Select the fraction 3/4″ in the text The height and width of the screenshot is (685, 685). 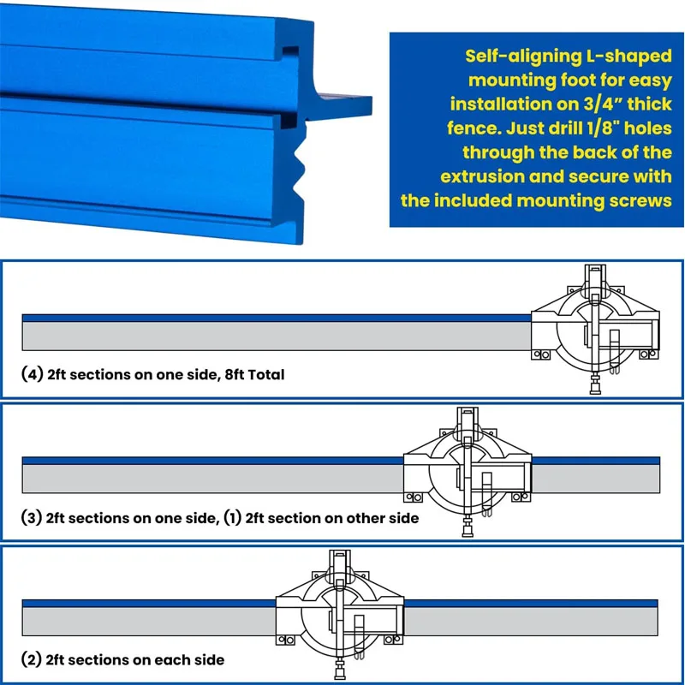coord(603,104)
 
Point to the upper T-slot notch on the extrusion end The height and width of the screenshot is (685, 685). coord(290,52)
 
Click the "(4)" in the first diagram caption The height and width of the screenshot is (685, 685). coord(32,374)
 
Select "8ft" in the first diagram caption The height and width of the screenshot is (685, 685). coord(235,375)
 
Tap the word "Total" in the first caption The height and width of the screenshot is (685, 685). coord(266,375)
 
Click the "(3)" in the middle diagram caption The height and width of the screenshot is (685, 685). coord(32,518)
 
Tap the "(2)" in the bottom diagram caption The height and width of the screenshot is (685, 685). coord(32,659)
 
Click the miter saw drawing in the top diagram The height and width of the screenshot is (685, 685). coord(595,329)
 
